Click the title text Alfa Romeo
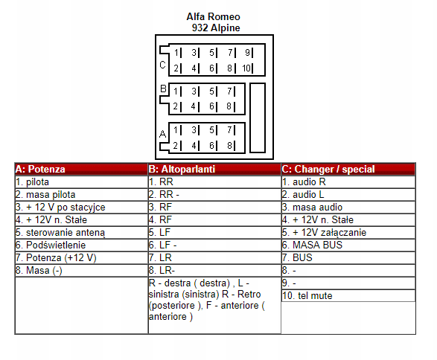point(213,16)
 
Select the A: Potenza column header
point(81,169)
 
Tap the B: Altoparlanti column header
point(214,169)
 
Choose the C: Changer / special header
point(348,169)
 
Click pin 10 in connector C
point(246,68)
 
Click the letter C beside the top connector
point(163,65)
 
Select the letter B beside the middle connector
point(163,89)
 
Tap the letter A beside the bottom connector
point(163,134)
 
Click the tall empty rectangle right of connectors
point(258,118)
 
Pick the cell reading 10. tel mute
point(348,296)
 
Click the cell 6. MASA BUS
point(348,245)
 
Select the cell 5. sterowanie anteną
point(81,233)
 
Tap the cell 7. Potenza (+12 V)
point(81,258)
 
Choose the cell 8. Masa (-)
point(81,270)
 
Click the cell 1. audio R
point(348,181)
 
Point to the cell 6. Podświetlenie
point(81,245)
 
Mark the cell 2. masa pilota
point(81,194)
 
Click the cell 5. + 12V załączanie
point(348,233)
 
